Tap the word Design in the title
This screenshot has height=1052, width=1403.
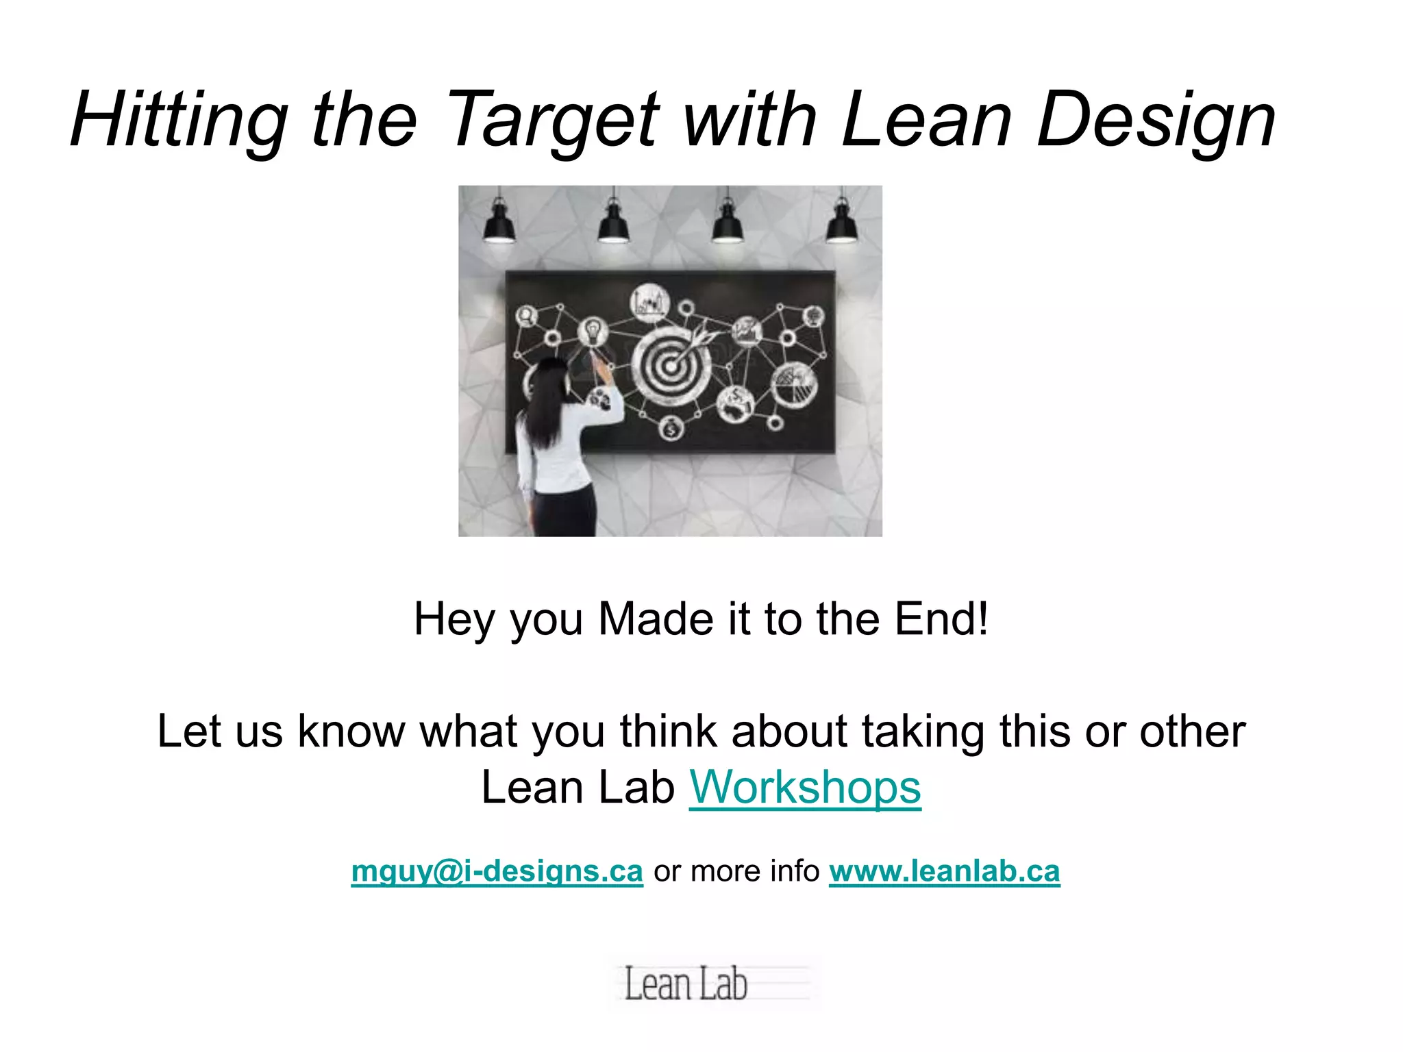[1156, 121]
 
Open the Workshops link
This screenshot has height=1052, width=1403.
[805, 788]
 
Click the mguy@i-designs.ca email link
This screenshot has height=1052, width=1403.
[497, 871]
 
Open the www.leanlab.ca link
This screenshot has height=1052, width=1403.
[944, 871]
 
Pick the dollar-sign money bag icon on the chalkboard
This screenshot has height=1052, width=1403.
[671, 429]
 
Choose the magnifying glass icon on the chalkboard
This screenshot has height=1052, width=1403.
[526, 316]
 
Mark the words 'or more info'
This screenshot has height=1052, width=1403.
[736, 871]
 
